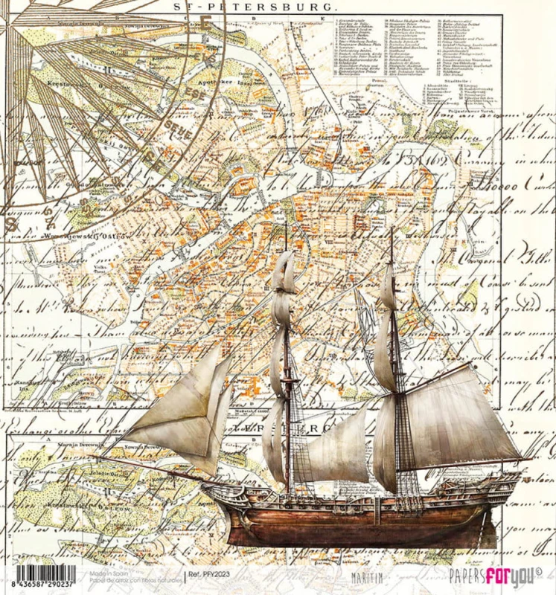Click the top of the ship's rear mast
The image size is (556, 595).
point(392,231)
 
